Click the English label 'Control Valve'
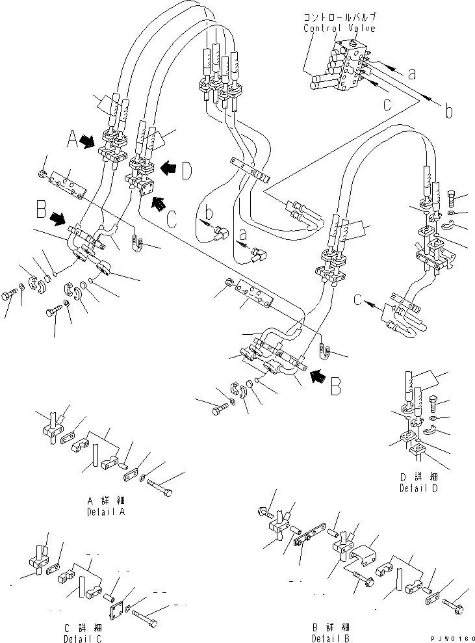(x=339, y=29)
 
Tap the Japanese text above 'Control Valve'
(x=339, y=18)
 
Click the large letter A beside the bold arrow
(x=73, y=138)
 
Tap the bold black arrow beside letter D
(x=166, y=167)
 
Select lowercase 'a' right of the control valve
(x=411, y=73)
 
